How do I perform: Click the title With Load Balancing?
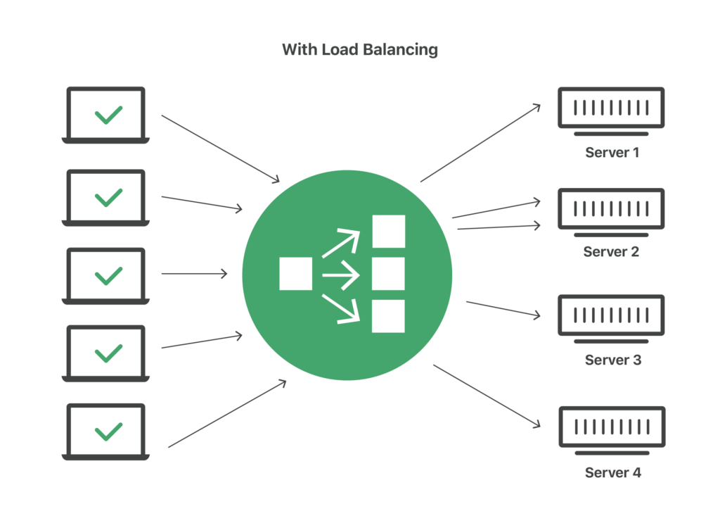point(359,49)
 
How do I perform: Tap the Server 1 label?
point(612,152)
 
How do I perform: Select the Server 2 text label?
point(611,251)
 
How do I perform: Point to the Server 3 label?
point(612,360)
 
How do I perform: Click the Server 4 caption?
point(612,473)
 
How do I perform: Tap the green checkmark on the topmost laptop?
point(108,115)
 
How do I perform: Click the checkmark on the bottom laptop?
point(108,430)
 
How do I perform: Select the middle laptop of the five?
point(105,276)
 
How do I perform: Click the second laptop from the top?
point(105,198)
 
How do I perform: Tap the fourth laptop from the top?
point(105,353)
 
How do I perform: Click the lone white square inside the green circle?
point(295,274)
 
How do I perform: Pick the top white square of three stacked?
point(388,232)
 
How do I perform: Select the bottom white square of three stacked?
point(388,316)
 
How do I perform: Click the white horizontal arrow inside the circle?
point(340,275)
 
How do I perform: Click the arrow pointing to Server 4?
point(487,396)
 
